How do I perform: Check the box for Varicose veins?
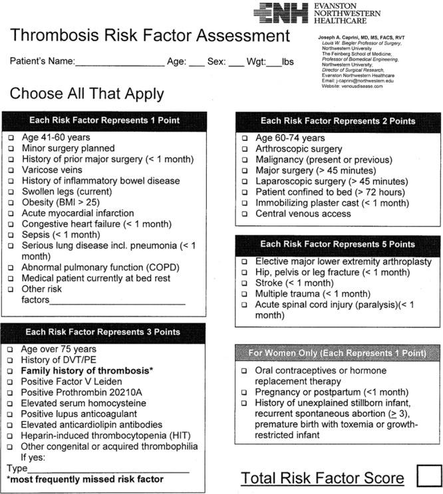coord(11,170)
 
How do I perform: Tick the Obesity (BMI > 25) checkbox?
coord(11,202)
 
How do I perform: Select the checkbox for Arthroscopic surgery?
coord(244,149)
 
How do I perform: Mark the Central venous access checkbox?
coord(244,214)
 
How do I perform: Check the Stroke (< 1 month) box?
coord(244,283)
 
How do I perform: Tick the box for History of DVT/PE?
coord(11,360)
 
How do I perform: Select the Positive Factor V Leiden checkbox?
coord(11,382)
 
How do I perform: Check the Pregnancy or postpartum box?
coord(244,392)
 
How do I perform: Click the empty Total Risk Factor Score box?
coord(428,477)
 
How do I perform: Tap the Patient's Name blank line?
coord(120,64)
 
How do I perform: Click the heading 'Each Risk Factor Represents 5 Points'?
coord(338,245)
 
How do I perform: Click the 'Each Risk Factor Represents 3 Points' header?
coord(102,332)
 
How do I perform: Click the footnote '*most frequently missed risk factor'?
coord(84,479)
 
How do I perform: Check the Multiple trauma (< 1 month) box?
coord(244,294)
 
